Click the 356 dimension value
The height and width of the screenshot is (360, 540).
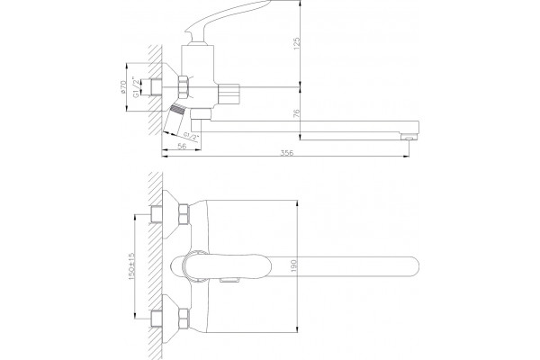click(x=286, y=153)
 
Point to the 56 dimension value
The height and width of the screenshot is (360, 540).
click(x=182, y=146)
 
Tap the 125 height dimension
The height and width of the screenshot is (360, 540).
click(x=296, y=44)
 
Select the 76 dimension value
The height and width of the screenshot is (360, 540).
click(x=296, y=113)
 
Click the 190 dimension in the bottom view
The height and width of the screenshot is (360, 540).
click(x=293, y=265)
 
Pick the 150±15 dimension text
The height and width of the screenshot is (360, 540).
click(x=131, y=266)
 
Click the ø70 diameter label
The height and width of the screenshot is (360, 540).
click(x=123, y=87)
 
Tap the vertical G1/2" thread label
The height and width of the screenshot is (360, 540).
click(x=137, y=87)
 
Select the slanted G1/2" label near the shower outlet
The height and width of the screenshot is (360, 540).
click(x=192, y=136)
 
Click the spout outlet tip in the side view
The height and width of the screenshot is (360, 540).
click(x=409, y=137)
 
